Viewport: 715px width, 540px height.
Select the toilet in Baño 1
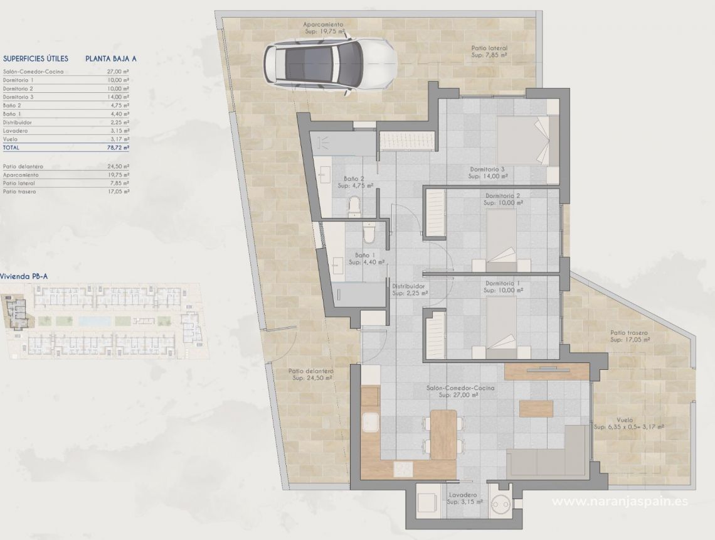[369, 234]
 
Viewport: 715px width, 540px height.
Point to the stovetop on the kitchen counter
[403, 468]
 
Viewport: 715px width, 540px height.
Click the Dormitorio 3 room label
[487, 169]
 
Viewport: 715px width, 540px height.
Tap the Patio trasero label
[629, 333]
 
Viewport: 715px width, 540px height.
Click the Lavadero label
[462, 495]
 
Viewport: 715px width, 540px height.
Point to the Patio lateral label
[489, 48]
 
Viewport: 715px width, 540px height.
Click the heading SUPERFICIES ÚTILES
[35, 58]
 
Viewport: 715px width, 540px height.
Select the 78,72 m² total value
[117, 148]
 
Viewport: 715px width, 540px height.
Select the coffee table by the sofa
[536, 409]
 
